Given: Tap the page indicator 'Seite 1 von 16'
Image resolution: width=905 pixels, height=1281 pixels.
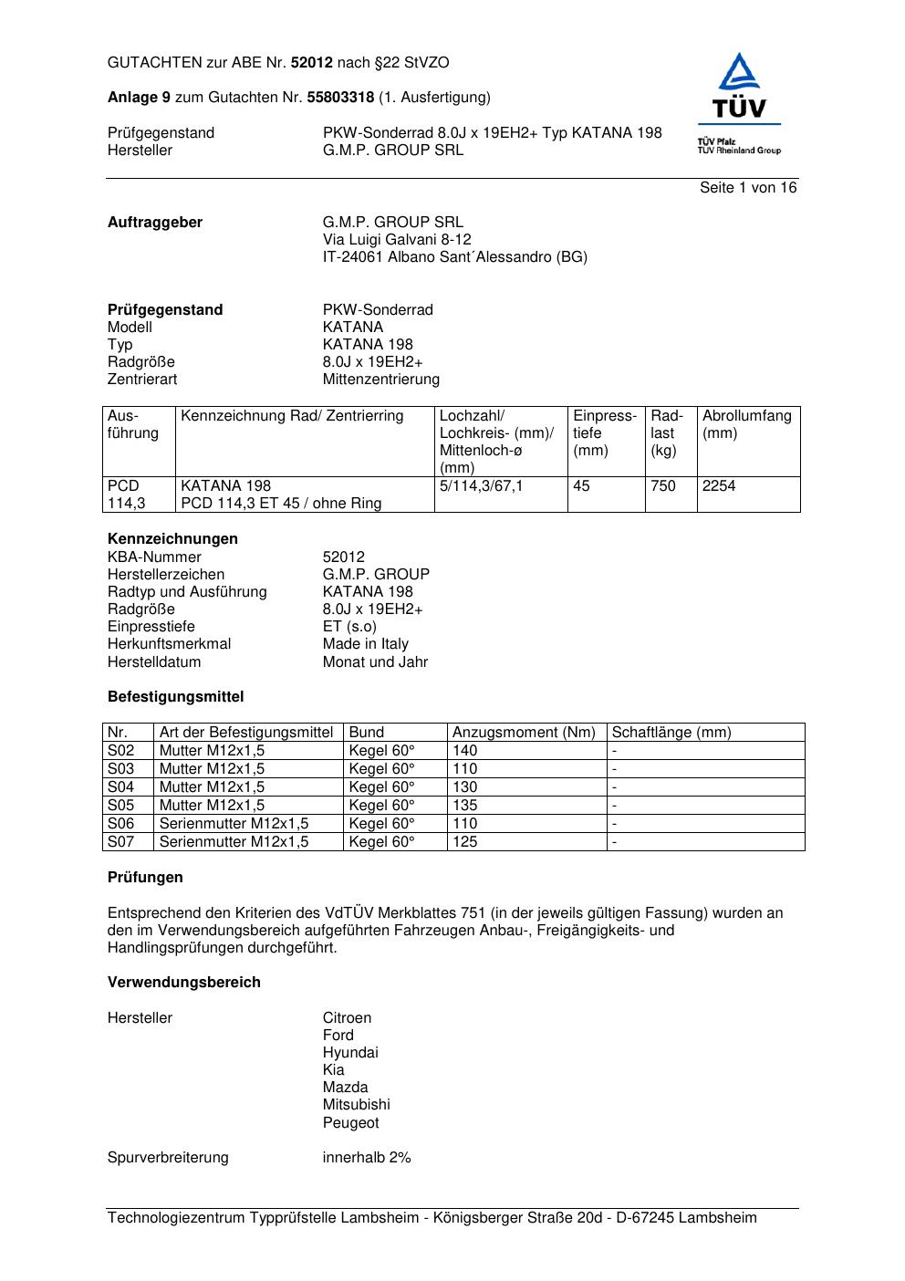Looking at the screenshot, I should (x=748, y=188).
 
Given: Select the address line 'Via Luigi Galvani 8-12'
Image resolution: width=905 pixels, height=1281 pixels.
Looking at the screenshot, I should (x=397, y=240).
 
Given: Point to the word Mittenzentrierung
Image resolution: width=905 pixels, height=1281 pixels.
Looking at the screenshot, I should (x=380, y=380).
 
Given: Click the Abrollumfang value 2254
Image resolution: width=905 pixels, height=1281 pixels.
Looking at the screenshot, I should (x=719, y=486).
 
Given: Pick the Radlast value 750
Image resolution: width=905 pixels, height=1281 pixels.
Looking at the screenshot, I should (x=663, y=486).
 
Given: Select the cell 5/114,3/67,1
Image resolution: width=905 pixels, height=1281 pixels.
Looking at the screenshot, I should (x=482, y=486).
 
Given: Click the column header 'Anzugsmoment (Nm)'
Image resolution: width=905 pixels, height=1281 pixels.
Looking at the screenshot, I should (x=524, y=733).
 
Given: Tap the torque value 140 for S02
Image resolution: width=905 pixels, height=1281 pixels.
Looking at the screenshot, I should (x=465, y=751).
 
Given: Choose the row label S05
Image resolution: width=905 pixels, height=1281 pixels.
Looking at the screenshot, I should (x=121, y=806).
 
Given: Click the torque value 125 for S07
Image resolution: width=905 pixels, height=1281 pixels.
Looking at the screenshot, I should (x=465, y=842).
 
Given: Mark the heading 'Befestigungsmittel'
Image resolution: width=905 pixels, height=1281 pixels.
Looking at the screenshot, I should (x=175, y=697).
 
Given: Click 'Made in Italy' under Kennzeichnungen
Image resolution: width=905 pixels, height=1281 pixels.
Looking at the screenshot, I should (x=365, y=644).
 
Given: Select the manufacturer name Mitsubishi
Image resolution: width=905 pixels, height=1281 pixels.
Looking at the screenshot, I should (x=356, y=1105).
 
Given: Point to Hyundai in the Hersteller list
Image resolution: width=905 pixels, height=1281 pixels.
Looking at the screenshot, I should (x=350, y=1053).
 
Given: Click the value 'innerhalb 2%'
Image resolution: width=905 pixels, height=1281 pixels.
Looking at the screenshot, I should (x=367, y=1158).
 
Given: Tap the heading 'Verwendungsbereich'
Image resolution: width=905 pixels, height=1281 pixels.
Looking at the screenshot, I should (x=184, y=983).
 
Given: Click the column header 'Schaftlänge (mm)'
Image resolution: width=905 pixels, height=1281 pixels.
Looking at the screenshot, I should (x=671, y=733).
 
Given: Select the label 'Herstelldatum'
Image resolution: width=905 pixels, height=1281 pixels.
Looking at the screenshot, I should (x=154, y=662).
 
